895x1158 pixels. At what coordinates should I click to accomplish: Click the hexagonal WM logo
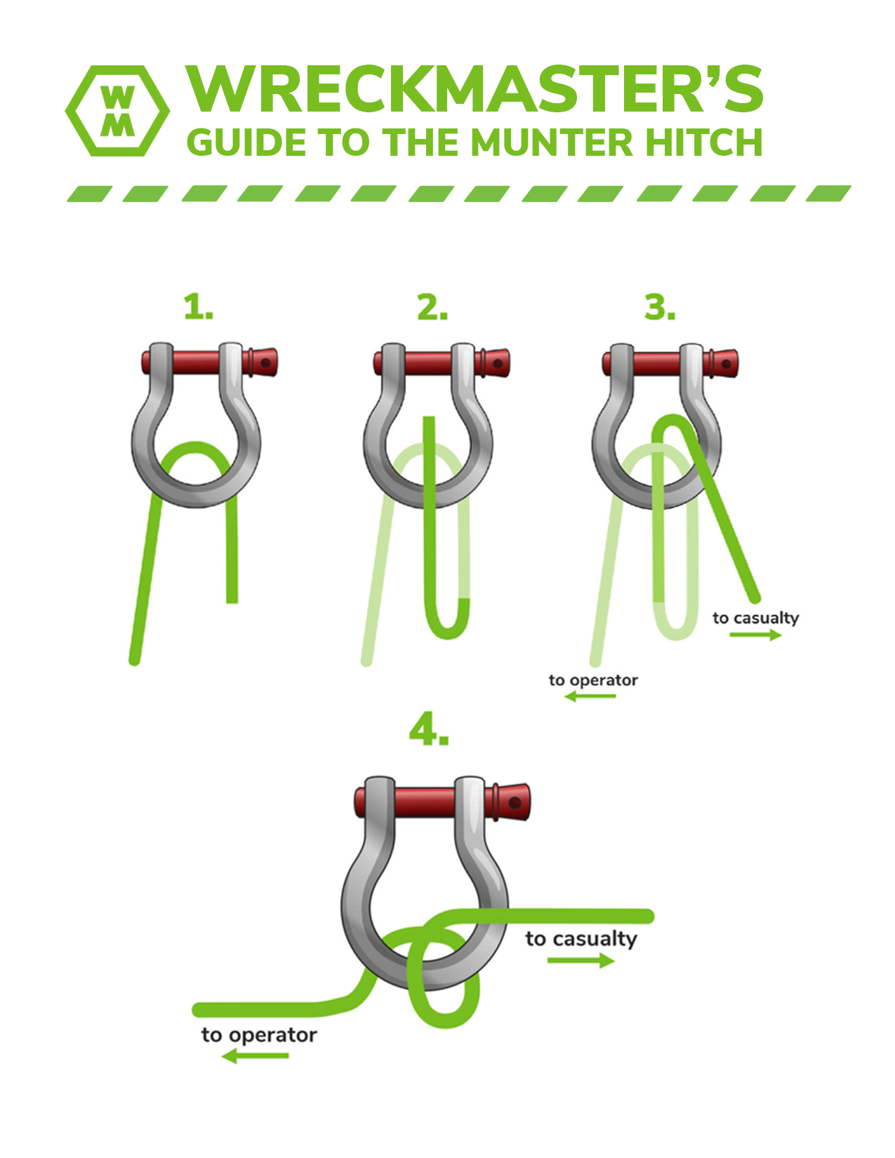(x=117, y=111)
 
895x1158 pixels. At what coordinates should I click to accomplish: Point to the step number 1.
(x=198, y=307)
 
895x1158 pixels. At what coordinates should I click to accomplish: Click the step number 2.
(x=432, y=307)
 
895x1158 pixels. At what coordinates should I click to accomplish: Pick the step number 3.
(x=660, y=307)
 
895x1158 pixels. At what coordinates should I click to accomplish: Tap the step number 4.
(x=429, y=728)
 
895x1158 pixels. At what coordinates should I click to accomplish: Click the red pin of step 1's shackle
(x=209, y=362)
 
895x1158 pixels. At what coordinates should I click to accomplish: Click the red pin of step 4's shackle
(x=442, y=802)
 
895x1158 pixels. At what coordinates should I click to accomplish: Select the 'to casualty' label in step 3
(x=755, y=618)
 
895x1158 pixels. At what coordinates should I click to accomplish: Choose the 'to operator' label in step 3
(x=593, y=681)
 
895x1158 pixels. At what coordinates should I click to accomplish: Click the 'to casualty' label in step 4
(x=581, y=938)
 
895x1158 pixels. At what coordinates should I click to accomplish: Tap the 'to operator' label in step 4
(x=259, y=1035)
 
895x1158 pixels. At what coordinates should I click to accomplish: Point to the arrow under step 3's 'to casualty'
(x=755, y=634)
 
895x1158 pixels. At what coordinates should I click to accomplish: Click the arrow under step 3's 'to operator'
(x=590, y=696)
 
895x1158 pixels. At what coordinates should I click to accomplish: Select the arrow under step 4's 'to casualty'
(x=581, y=961)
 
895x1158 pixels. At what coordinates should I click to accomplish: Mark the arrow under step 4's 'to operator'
(x=255, y=1056)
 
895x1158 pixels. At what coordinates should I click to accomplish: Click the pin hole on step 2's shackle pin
(x=498, y=364)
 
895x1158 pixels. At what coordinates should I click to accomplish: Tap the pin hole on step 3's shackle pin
(x=726, y=364)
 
